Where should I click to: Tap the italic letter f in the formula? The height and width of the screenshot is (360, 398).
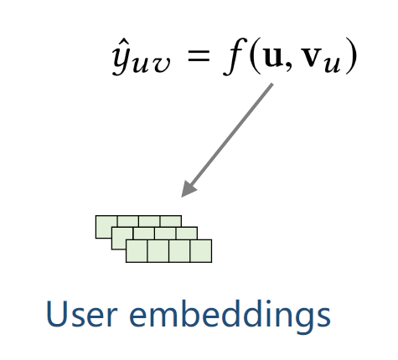tap(234, 57)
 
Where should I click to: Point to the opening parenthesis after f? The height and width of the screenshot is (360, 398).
tap(254, 56)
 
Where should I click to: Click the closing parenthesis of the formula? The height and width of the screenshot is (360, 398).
tap(350, 56)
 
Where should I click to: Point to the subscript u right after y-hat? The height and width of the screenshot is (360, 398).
tap(142, 65)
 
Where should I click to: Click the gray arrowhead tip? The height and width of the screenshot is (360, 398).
tap(182, 197)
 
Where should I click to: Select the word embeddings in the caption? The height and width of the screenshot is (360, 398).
tap(230, 316)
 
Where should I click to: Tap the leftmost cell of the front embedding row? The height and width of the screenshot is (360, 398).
tap(137, 251)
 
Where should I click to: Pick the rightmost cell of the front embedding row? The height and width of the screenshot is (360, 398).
tap(201, 251)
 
